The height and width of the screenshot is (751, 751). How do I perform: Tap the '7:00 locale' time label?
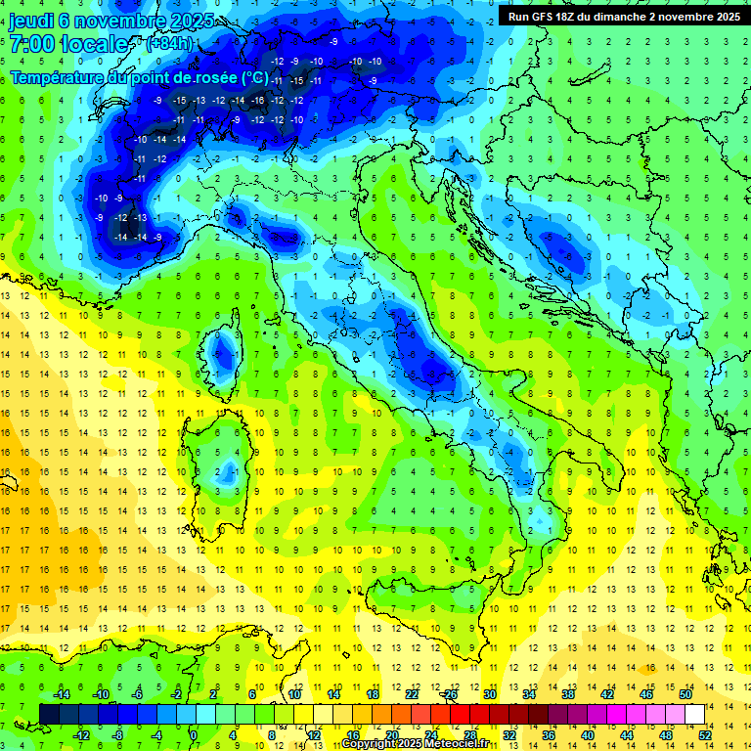coord(69,44)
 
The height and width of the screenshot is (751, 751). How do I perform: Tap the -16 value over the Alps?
coord(258,101)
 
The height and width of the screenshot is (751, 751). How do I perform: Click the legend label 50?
coord(685,694)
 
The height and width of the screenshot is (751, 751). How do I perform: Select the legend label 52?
coord(705,734)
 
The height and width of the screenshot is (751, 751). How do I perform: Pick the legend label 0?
coord(194,734)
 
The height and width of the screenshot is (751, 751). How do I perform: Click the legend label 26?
coord(451,694)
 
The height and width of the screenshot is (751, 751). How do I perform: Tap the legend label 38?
coord(568,694)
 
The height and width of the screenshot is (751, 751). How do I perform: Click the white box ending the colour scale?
coord(694,714)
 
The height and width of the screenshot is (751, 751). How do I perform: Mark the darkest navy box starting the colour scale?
coord(49,714)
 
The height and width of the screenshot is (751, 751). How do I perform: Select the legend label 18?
coord(373,694)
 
